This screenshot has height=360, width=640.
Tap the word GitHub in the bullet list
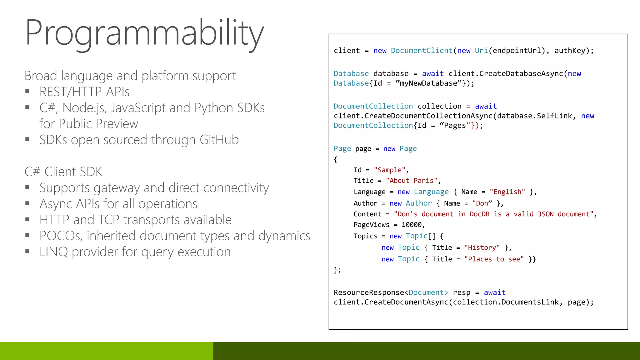coord(219,140)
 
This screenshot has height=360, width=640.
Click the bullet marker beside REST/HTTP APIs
coord(27,92)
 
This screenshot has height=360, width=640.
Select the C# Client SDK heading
coord(63,172)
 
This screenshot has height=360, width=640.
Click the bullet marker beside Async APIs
coord(27,204)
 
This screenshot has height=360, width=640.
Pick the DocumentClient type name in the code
coord(422,51)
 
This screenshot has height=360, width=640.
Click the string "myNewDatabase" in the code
coord(428,83)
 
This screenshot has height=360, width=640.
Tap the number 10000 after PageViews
coord(412,225)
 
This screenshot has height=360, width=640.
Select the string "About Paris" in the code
coord(412,181)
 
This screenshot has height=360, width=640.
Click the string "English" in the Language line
coord(507,192)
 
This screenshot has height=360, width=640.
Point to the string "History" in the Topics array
coord(482,248)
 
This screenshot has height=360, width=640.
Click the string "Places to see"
coord(494,259)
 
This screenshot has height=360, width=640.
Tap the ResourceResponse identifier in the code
coord(369,292)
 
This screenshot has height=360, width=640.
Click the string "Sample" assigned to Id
coord(389,170)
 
